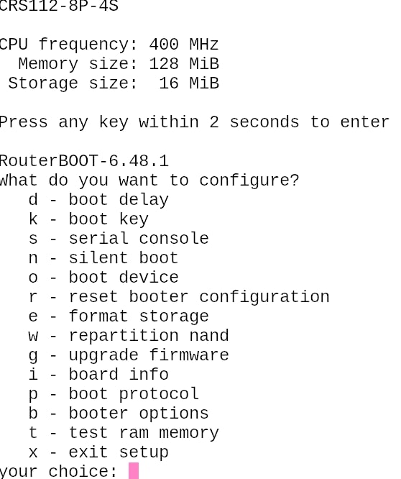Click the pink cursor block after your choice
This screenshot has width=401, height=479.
pos(134,471)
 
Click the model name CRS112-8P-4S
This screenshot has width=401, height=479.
pos(59,6)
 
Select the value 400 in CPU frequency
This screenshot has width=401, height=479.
pos(164,45)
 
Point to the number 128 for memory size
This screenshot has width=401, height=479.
pos(164,64)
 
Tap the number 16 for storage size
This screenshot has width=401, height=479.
pos(169,83)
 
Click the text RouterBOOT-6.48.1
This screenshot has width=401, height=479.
pos(84,161)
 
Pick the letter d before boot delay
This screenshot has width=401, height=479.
pos(33,200)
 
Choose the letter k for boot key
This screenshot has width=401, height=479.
pos(33,219)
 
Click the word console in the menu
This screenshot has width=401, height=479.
pos(174,239)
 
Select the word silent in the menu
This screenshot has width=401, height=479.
pos(98,257)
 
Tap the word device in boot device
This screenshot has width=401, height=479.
pos(149,278)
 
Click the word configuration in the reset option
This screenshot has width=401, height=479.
pos(264,298)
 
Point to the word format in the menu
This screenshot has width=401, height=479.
pos(98,316)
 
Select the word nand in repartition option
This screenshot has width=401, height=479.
pos(209,336)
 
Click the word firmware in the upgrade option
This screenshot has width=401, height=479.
pos(189,355)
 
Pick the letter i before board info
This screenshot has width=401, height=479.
pos(33,375)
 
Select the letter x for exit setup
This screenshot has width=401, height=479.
pos(33,452)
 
